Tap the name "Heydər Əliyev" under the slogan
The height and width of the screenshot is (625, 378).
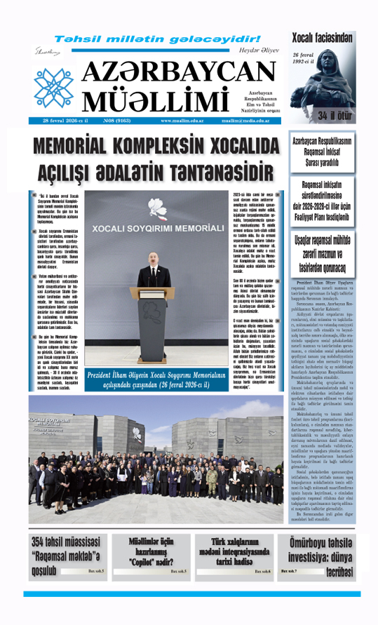258,51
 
